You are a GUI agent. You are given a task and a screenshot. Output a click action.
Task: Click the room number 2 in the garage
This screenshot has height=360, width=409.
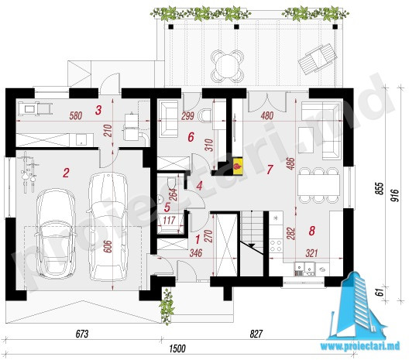click(x=66, y=173)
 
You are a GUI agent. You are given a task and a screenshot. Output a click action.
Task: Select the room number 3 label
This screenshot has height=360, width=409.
click(x=98, y=110)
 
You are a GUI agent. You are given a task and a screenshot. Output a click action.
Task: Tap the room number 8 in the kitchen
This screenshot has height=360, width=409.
click(x=311, y=231)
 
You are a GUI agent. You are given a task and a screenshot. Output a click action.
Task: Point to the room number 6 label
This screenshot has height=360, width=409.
click(x=191, y=137)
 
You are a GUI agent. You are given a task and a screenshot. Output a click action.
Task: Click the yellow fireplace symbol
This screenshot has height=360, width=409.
click(x=237, y=166)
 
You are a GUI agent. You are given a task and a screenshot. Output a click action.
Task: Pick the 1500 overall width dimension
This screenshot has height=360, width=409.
click(x=177, y=348)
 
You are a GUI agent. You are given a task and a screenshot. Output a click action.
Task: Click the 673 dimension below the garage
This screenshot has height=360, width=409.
click(x=82, y=334)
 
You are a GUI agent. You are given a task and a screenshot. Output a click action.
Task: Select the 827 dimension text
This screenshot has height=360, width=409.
click(x=256, y=334)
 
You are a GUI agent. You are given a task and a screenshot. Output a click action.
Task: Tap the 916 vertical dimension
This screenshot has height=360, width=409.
click(x=395, y=195)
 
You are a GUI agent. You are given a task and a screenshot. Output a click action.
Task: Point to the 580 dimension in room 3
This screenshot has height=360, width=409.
click(x=76, y=115)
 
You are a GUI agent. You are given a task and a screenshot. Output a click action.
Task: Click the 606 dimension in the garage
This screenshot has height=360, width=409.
click(x=108, y=246)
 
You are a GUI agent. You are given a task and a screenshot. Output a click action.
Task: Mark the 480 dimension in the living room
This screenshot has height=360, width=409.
click(x=266, y=115)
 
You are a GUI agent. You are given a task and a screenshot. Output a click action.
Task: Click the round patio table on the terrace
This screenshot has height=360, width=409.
click(x=227, y=67)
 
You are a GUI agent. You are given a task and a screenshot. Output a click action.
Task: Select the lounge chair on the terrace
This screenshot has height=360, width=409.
click(x=318, y=60)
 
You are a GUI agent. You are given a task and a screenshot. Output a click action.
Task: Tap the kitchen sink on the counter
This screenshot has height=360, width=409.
click(x=304, y=269)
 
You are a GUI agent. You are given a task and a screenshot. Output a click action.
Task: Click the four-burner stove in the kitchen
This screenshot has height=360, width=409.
click(x=276, y=245)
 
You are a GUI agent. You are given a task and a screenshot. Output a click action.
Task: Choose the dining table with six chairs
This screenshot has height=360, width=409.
click(x=318, y=185)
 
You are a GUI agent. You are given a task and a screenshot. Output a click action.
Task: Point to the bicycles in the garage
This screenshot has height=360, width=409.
click(x=29, y=172)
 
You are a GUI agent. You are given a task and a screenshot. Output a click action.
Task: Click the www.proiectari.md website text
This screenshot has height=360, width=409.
click(x=360, y=346)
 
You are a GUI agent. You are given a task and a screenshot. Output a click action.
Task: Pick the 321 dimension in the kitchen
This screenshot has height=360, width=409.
click(x=311, y=253)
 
